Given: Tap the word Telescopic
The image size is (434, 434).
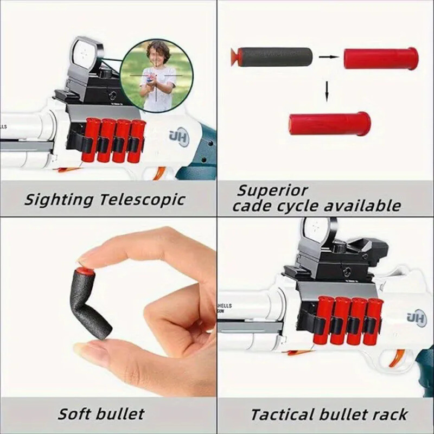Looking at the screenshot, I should tap(141, 199).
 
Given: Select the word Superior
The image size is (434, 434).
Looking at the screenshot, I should tap(272, 190).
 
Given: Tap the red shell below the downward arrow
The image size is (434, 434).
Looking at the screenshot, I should tap(329, 124).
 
